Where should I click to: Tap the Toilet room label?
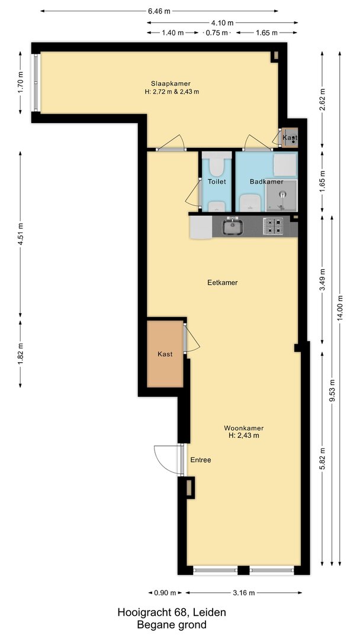217,182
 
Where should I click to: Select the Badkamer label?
266,182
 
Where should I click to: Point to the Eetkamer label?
223,282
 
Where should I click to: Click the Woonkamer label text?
244,428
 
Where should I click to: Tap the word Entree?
201,460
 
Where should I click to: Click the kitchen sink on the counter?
232,227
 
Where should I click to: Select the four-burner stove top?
273,226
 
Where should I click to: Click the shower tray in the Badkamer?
281,196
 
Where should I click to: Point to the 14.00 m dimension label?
340,308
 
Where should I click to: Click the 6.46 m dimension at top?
159,11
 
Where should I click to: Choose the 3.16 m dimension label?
244,593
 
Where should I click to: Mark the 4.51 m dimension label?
20,234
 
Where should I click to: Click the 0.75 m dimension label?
217,33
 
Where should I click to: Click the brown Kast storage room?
165,354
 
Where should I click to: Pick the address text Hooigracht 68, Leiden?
172,612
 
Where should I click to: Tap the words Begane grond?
172,625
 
